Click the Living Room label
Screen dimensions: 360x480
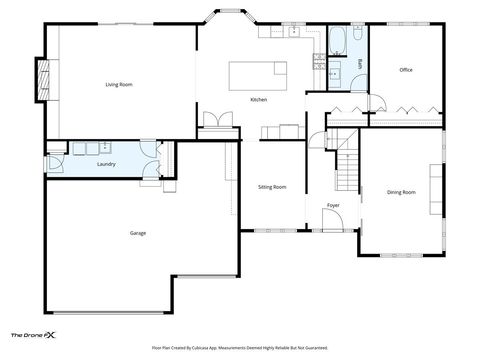(119, 85)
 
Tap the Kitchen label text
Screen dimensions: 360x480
(258, 100)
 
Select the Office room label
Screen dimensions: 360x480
(405, 70)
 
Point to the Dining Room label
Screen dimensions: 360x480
(401, 191)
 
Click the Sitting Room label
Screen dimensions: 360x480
(272, 187)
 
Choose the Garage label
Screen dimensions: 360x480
(138, 233)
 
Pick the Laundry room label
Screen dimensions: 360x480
(106, 163)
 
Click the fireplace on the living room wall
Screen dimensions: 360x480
(42, 79)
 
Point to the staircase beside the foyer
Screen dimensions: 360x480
(346, 160)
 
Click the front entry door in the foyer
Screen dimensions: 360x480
(333, 229)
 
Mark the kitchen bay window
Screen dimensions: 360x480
(231, 18)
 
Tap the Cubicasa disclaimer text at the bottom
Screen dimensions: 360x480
(240, 347)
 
